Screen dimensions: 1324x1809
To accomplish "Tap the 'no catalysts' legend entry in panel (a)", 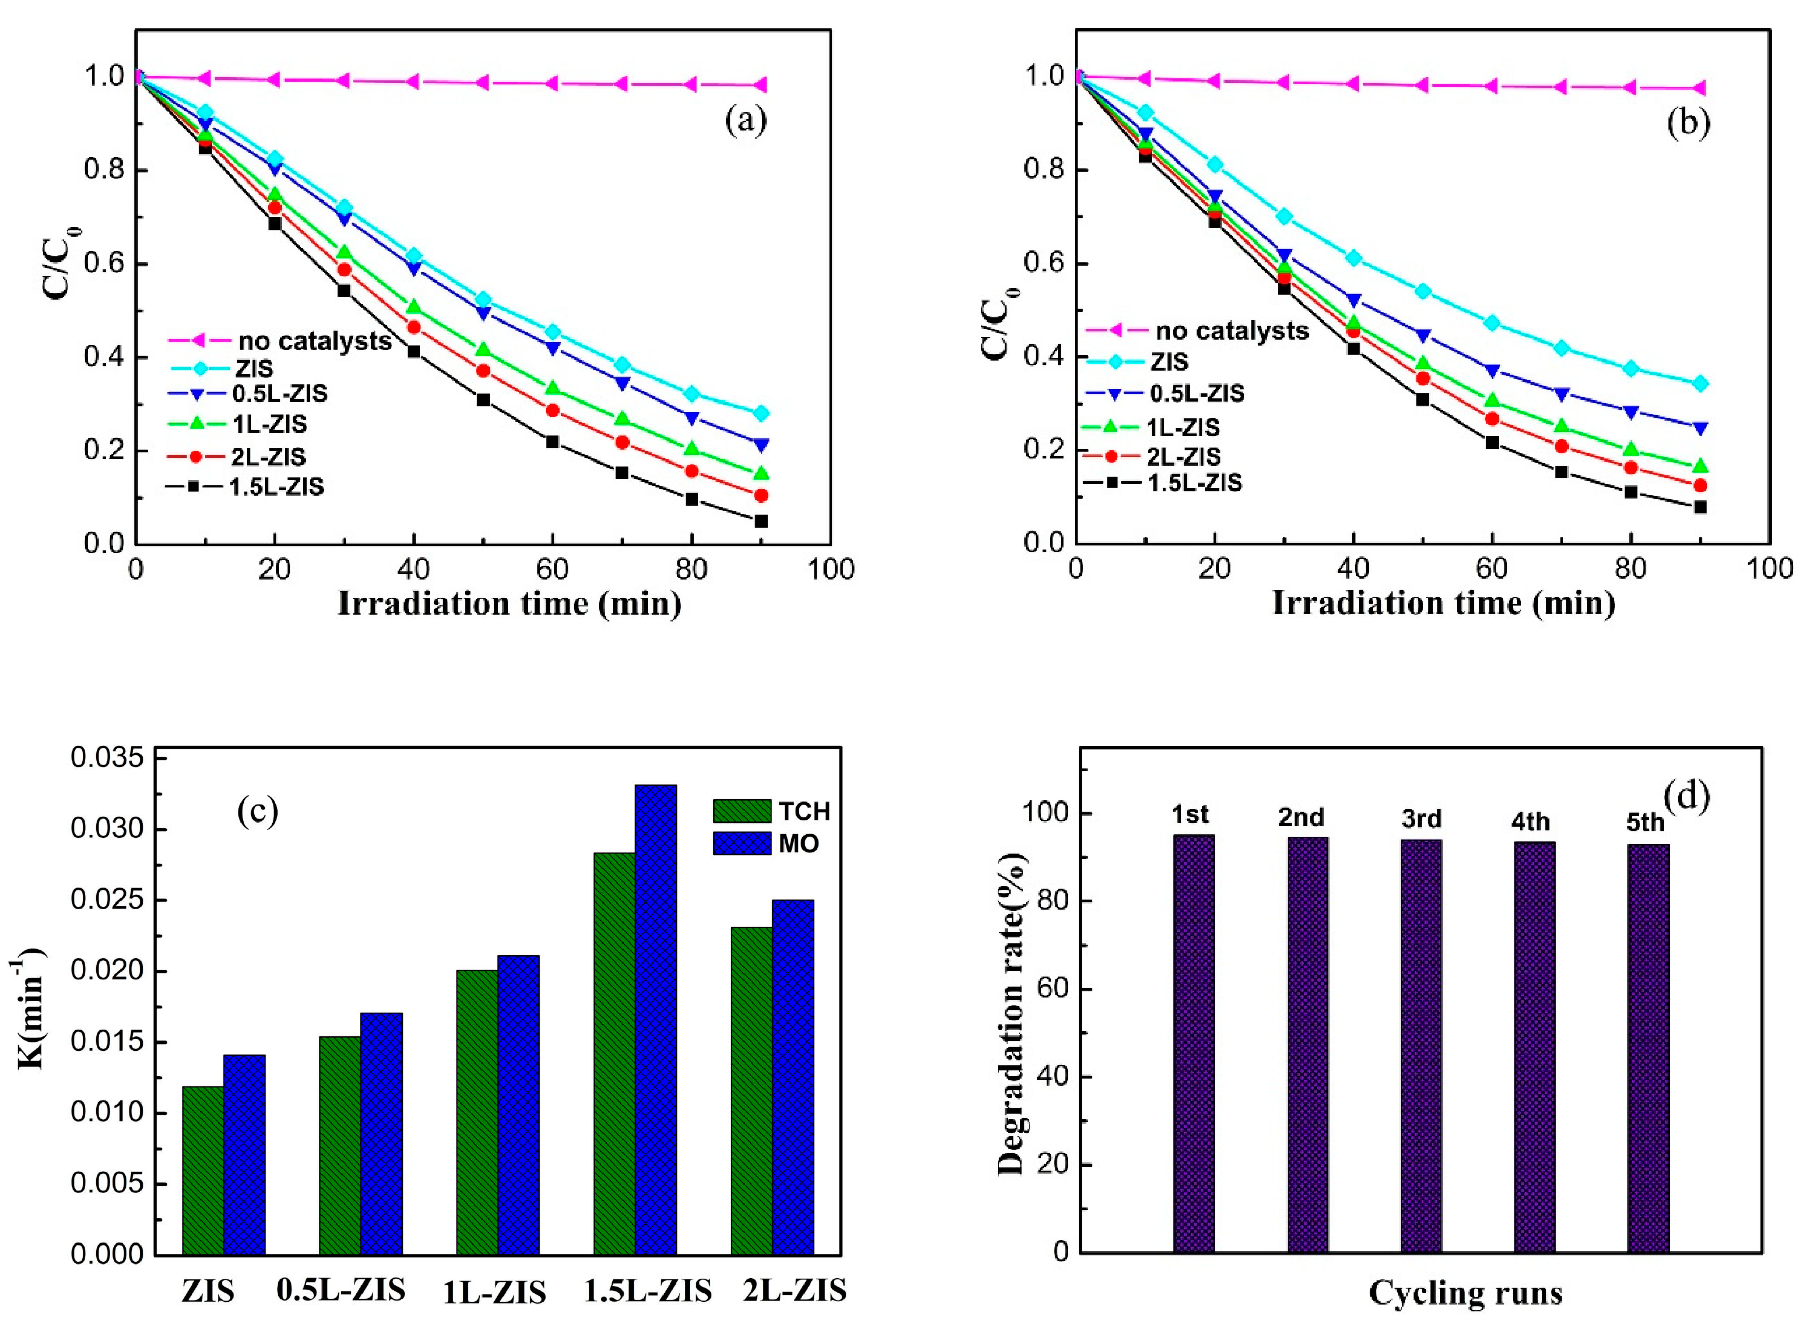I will [x=314, y=342].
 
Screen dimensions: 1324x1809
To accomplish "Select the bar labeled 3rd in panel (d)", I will [x=1421, y=1046].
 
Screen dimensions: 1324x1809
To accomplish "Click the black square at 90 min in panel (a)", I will [x=760, y=521].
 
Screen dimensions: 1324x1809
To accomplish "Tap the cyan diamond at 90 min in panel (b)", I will [x=1699, y=384].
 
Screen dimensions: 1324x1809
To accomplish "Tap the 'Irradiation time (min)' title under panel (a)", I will [x=510, y=604].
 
